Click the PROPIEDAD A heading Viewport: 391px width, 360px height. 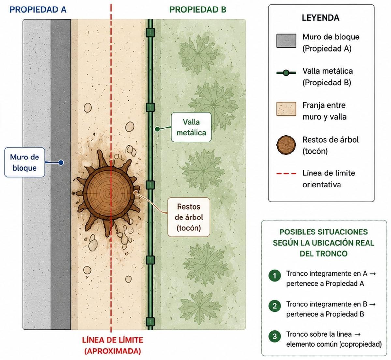(38, 9)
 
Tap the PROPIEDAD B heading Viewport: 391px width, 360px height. (198, 9)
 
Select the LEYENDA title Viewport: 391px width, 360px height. (320, 18)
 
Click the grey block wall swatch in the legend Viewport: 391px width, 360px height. (286, 40)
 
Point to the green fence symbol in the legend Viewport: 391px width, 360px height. (286, 73)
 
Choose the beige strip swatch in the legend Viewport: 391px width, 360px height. (286, 109)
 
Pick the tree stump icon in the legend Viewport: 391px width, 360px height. (286, 145)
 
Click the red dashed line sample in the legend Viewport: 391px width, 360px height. (286, 173)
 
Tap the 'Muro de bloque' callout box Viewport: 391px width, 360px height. (24, 162)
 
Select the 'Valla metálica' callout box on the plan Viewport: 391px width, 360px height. (191, 127)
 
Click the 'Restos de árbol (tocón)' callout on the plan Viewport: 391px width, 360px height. (188, 217)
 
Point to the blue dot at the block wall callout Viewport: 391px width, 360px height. (61, 162)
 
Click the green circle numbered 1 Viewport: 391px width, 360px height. (275, 276)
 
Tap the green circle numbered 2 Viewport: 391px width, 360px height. (275, 306)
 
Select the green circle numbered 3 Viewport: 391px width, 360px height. (275, 336)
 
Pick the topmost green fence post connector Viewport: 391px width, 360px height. (150, 32)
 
